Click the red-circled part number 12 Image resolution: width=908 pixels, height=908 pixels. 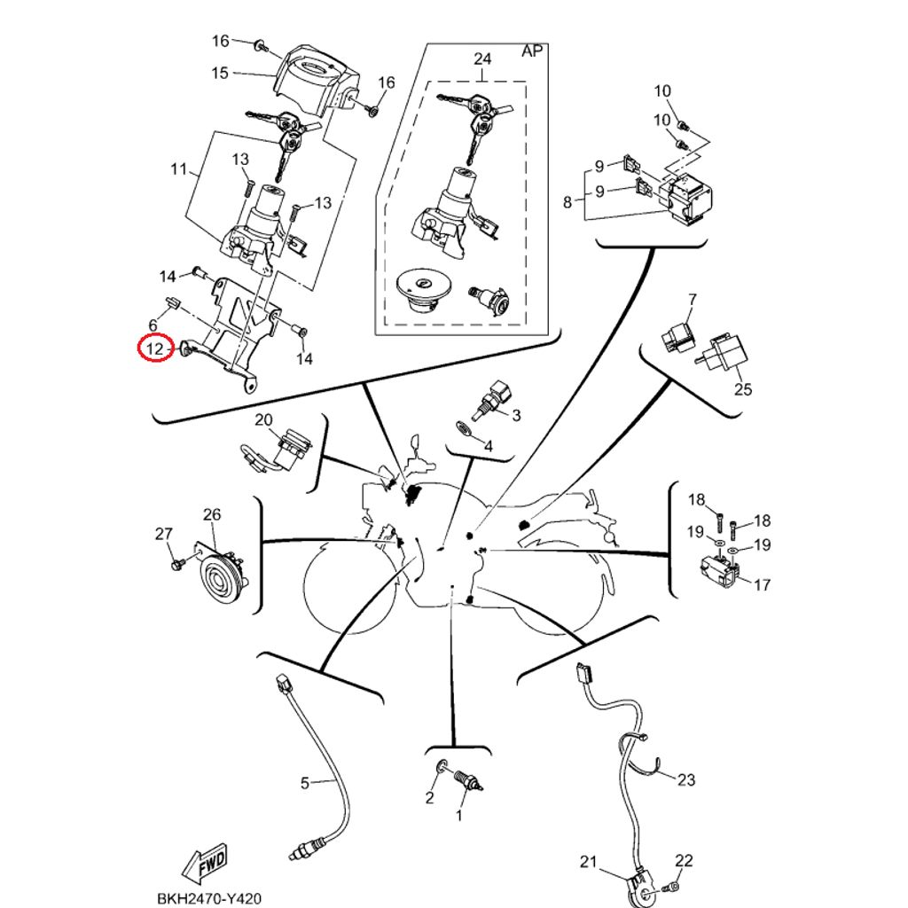[x=156, y=348]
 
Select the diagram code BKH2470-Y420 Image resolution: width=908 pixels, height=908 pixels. [x=209, y=898]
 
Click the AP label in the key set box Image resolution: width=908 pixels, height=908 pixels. [x=532, y=51]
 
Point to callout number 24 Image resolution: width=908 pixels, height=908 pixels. [x=482, y=59]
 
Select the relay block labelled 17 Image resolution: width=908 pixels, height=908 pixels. [x=720, y=568]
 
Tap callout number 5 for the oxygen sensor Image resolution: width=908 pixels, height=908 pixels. [x=305, y=784]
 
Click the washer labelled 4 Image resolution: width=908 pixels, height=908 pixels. [x=463, y=428]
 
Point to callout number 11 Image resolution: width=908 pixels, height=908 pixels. [x=179, y=169]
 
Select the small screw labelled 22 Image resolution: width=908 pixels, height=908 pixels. [x=672, y=886]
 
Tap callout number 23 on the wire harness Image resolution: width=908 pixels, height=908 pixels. [x=685, y=779]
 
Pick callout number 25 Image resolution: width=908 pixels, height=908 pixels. [x=743, y=389]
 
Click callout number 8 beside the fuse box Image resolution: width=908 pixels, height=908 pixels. [x=567, y=201]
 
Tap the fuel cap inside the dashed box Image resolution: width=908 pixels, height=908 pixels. [x=421, y=293]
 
